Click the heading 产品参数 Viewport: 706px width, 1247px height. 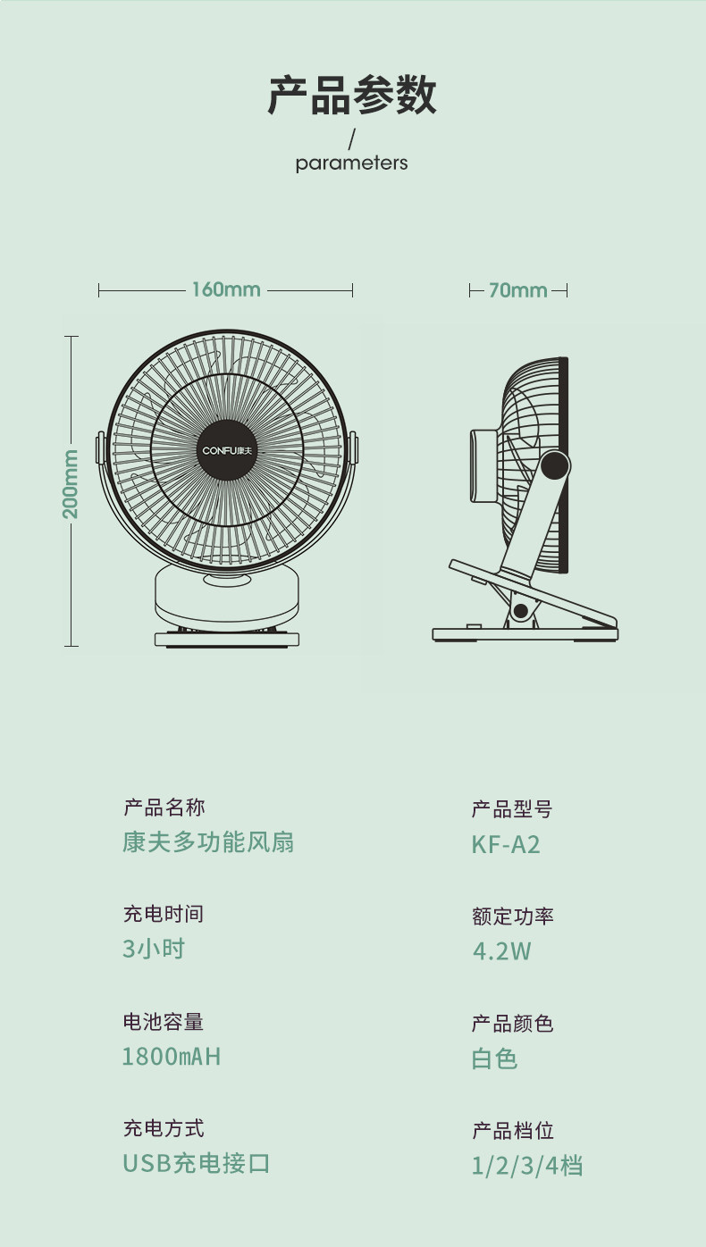point(352,96)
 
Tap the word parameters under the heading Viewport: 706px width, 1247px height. point(351,163)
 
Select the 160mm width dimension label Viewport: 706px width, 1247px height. point(225,289)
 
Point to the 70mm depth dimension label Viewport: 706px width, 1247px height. point(518,290)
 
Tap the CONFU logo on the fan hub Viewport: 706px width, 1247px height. point(225,449)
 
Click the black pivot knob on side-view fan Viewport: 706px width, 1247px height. point(555,465)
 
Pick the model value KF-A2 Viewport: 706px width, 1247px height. point(506,844)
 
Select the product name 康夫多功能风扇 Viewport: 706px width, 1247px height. point(208,842)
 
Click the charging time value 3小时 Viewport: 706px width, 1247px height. point(154,949)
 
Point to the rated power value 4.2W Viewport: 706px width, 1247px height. point(501,951)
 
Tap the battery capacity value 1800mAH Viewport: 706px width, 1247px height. point(171,1057)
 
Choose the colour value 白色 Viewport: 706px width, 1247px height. point(494,1059)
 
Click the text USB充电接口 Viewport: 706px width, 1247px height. point(196,1164)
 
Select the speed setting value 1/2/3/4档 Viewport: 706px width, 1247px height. point(527,1166)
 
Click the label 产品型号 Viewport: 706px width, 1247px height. point(512,809)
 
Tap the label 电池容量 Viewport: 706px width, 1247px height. point(164,1022)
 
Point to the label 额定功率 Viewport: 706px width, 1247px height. point(513,916)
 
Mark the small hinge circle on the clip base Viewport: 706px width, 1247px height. point(519,611)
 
